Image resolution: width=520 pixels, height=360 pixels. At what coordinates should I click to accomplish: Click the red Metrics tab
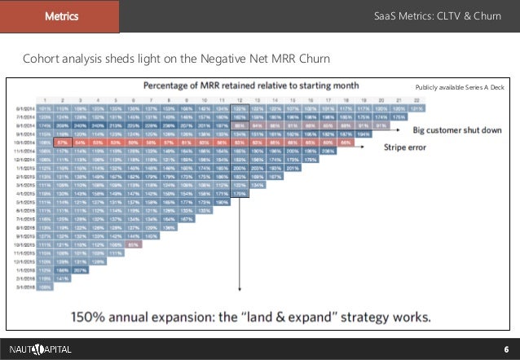tap(59, 16)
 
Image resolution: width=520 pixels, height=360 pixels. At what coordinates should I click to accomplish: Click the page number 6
tap(506, 349)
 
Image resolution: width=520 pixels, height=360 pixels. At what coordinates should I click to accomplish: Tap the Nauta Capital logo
tap(41, 349)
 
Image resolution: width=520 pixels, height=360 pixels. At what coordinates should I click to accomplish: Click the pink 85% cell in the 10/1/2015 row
tap(134, 244)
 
